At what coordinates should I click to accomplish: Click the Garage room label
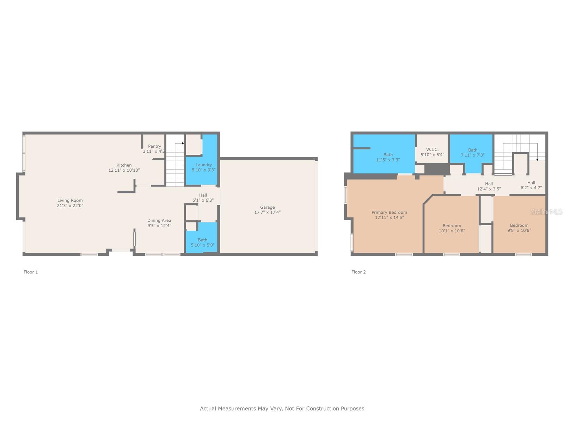point(267,207)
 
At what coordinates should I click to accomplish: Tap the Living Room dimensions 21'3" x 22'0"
point(70,206)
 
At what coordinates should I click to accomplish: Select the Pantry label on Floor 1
point(154,146)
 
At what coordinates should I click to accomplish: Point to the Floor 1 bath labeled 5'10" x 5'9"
point(202,243)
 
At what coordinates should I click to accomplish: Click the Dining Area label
point(159,220)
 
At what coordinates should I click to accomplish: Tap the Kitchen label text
point(124,165)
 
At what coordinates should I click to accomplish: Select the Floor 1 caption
point(31,272)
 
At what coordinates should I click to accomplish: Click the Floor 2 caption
point(358,272)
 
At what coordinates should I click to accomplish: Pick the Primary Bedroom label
point(389,212)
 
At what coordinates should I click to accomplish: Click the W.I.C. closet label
point(432,149)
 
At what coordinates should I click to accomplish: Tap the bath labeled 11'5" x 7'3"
point(388,157)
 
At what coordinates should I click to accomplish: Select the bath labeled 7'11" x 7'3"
point(472,153)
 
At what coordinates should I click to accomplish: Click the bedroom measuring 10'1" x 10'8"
point(452,228)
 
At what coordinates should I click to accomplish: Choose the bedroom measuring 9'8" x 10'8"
point(519,228)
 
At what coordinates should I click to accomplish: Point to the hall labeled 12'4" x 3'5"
point(489,186)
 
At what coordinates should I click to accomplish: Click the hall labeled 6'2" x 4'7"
point(531,185)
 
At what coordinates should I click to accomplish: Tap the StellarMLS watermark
point(546,211)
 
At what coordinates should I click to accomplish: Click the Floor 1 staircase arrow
point(182,143)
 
